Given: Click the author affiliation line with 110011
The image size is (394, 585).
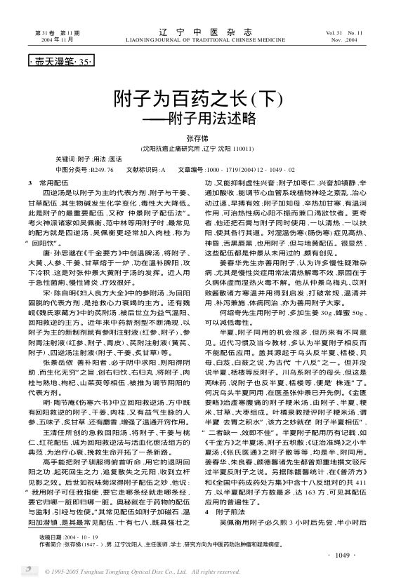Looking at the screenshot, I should click(197, 149).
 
